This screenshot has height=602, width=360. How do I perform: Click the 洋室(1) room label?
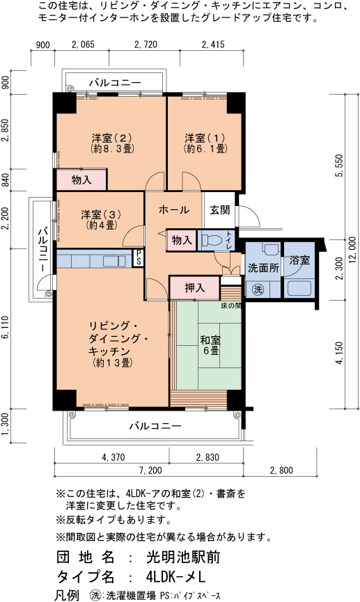point(205,143)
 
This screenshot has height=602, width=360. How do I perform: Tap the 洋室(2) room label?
point(112,143)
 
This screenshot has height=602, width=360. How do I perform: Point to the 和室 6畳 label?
point(210,345)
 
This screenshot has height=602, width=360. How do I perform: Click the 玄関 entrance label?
point(220,210)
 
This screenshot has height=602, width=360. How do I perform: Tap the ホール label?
point(174,209)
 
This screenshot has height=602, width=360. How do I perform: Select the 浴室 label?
point(299,260)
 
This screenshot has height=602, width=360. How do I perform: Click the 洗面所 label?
point(263,268)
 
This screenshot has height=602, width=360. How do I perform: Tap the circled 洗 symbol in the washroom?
point(258,290)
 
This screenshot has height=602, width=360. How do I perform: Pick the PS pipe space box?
point(138,258)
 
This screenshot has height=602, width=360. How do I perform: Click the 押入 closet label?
point(195,288)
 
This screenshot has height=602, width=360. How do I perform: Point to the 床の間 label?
point(231,306)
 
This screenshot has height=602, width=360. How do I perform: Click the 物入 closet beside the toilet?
point(181,240)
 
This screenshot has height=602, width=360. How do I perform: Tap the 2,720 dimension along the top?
point(146,45)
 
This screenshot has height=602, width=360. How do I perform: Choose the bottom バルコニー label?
point(155,426)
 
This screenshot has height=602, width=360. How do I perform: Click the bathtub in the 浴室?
point(299,288)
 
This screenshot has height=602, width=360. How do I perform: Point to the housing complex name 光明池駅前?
point(183,557)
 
